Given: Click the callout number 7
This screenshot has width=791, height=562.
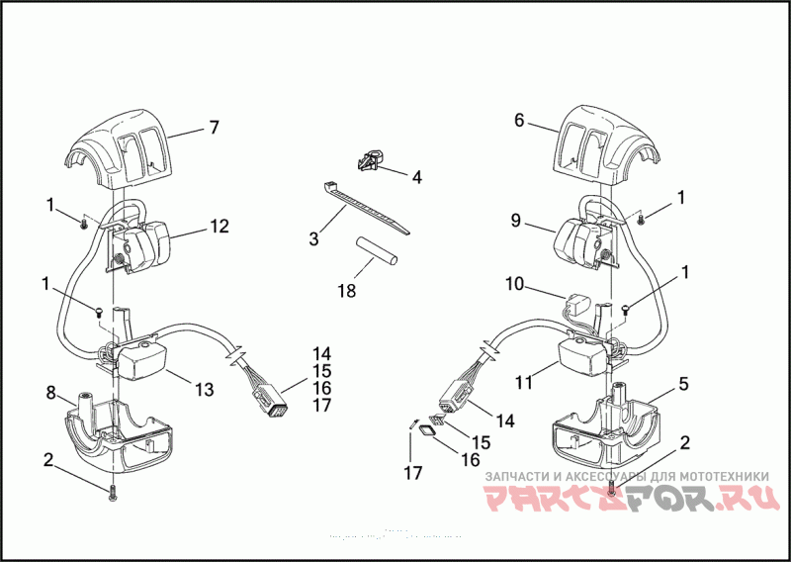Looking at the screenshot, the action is (213, 127).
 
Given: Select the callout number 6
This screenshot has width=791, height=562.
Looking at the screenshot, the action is (518, 120).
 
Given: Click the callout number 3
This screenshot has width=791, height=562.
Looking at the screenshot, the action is (313, 238).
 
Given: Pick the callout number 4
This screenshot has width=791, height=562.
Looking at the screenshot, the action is (416, 177).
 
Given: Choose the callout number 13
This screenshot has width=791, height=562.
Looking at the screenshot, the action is (204, 390).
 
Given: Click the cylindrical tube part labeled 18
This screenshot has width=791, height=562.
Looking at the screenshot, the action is (375, 251).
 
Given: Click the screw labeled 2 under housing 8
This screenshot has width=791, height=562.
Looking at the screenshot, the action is (113, 493).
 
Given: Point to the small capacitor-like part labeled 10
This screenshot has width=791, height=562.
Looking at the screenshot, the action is (577, 301).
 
